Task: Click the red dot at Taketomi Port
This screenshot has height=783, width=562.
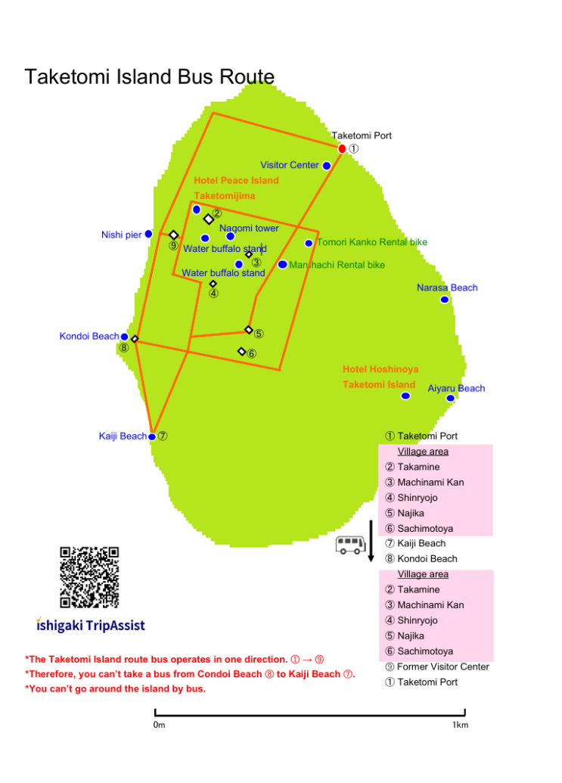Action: click(342, 149)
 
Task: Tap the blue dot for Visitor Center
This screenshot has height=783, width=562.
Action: click(327, 166)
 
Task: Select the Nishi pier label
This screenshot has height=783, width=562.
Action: click(121, 235)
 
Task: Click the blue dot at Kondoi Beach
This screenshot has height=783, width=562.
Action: click(124, 337)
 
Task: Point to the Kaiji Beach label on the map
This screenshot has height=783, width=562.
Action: click(123, 436)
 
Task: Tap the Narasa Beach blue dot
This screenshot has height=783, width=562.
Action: click(444, 300)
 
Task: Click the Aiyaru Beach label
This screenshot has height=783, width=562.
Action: click(456, 388)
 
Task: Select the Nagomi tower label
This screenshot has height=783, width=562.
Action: click(249, 228)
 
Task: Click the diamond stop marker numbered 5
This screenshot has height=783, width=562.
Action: click(249, 330)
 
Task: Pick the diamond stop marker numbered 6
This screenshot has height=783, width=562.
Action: click(241, 352)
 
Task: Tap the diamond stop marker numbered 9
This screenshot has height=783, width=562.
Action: click(173, 235)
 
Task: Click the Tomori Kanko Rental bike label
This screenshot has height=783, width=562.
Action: click(372, 242)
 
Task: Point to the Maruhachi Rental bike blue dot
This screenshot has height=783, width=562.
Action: click(282, 264)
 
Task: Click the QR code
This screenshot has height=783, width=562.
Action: click(89, 576)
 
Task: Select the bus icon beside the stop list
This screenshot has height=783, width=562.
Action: click(350, 545)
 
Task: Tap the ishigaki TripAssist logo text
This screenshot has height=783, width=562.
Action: click(90, 625)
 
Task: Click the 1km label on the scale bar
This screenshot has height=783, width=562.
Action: click(460, 725)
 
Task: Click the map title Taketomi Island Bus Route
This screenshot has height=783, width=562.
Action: click(150, 77)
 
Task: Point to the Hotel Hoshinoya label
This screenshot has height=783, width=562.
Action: click(380, 369)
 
